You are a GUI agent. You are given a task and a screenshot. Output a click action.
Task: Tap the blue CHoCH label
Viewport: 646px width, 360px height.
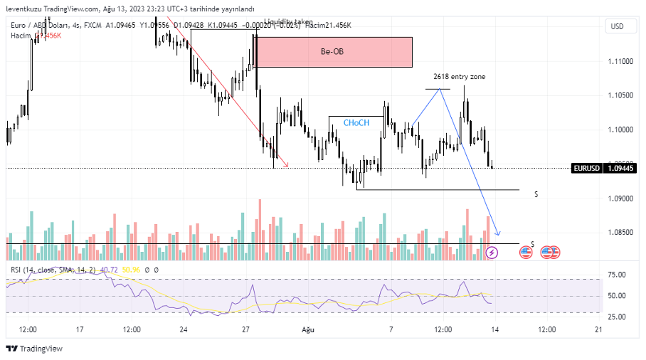pyautogui.click(x=356, y=123)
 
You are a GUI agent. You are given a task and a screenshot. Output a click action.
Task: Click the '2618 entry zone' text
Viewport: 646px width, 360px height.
pyautogui.click(x=459, y=76)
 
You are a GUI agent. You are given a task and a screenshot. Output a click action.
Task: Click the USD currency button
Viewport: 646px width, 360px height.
pyautogui.click(x=617, y=26)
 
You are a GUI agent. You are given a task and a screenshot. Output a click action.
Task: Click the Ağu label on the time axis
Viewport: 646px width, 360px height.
pyautogui.click(x=307, y=330)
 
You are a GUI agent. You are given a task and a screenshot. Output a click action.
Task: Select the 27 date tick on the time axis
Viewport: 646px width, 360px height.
pyautogui.click(x=245, y=330)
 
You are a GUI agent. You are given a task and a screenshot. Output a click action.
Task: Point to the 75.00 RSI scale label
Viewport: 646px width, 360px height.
pyautogui.click(x=616, y=275)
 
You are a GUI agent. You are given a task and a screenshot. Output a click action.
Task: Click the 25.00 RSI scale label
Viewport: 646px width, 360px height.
pyautogui.click(x=616, y=316)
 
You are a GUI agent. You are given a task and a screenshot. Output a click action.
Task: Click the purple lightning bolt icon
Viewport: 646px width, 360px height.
pyautogui.click(x=492, y=252)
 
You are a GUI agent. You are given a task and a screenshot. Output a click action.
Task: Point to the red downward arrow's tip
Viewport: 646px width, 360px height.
pyautogui.click(x=288, y=166)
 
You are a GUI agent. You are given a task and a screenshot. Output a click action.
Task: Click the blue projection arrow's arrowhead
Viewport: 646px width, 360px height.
pyautogui.click(x=498, y=235)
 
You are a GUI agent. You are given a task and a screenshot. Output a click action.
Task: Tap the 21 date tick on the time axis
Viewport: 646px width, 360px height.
pyautogui.click(x=598, y=330)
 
